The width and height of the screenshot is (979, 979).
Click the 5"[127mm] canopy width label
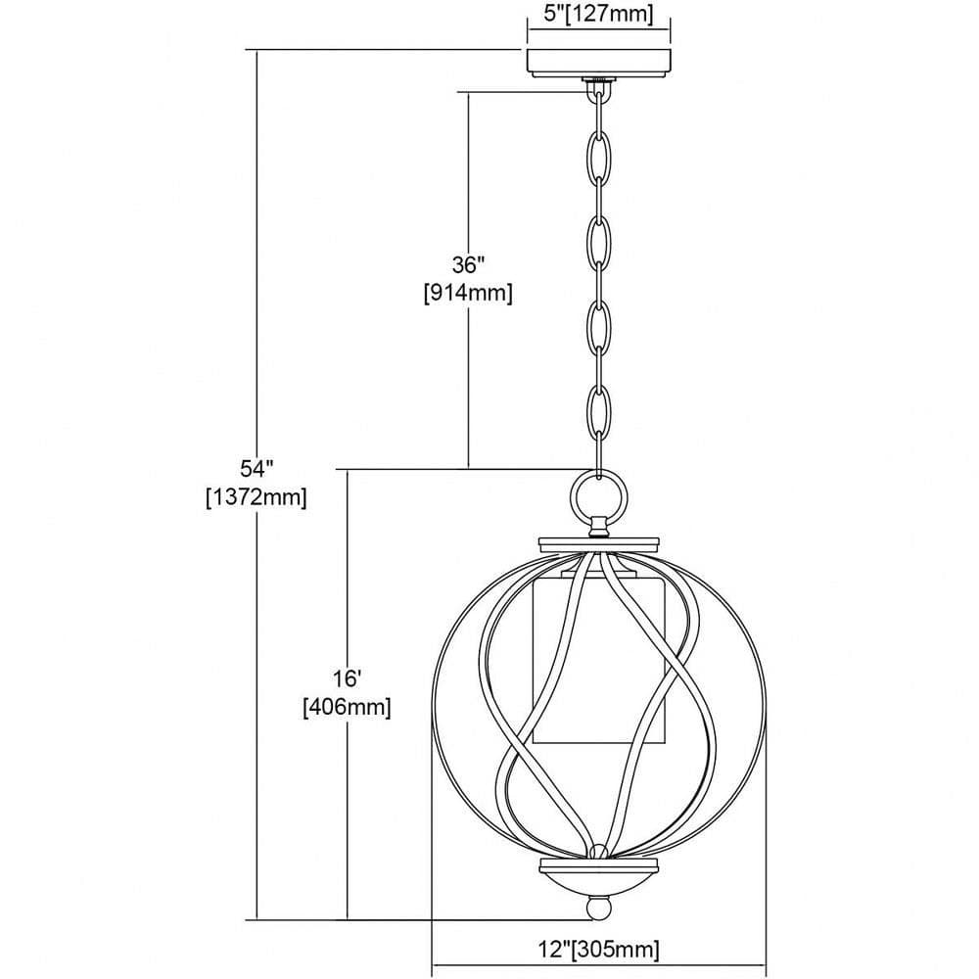(598, 14)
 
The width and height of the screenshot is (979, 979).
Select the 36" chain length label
(468, 265)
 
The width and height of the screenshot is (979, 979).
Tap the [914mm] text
(468, 293)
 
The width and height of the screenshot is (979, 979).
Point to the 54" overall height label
(256, 468)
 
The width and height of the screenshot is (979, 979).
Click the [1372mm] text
(256, 497)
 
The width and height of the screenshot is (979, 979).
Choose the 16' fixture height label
(348, 677)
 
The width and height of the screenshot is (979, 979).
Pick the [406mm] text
(348, 707)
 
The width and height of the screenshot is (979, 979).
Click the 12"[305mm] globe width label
(599, 950)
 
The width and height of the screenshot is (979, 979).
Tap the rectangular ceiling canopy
(599, 63)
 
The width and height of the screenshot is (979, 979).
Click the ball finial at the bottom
(599, 909)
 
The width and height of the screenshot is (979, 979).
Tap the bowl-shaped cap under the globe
(599, 877)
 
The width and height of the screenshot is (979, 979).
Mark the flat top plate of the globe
(599, 543)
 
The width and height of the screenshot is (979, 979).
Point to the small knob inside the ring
(599, 527)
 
